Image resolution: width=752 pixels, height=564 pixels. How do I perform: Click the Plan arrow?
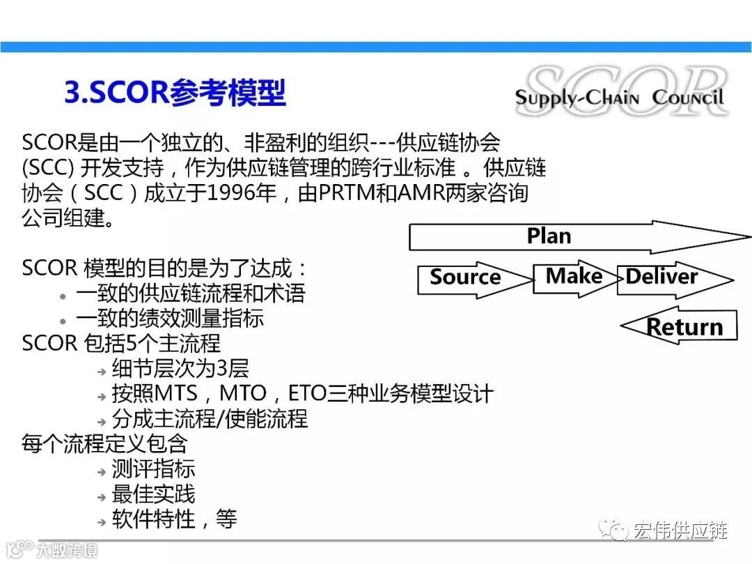tap(549, 236)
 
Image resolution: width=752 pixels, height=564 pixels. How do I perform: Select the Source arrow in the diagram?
tap(465, 277)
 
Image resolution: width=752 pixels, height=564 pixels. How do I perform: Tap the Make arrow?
tap(574, 276)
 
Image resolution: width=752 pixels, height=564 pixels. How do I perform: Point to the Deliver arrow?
tap(661, 277)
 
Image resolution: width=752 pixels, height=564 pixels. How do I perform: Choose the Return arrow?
tap(684, 327)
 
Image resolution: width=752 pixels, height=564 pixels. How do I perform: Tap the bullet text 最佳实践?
tap(153, 494)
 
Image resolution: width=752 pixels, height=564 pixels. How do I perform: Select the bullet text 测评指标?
tap(153, 469)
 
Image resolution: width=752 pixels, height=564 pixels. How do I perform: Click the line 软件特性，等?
tap(174, 519)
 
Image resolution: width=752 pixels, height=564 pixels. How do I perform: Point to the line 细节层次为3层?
tap(180, 368)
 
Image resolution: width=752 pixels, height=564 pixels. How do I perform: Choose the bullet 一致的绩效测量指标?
tap(170, 318)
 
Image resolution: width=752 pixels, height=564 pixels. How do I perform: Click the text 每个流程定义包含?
tap(104, 444)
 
